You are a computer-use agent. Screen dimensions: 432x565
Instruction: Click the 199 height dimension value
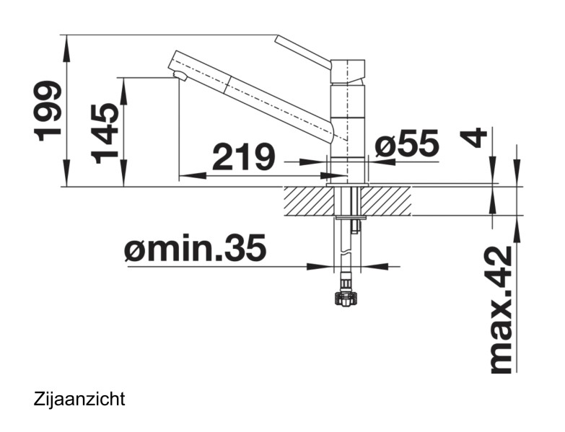pos(48,110)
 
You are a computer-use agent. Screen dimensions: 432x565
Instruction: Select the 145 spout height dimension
pos(105,133)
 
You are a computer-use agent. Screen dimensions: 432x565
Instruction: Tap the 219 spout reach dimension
pos(242,157)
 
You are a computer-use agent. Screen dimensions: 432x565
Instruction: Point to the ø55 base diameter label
pos(407,145)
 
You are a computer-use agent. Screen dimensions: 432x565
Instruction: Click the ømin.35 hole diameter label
pos(195,250)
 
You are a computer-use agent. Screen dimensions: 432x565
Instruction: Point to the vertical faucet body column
pos(347,123)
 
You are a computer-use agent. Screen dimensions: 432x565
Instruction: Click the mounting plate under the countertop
pos(351,215)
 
